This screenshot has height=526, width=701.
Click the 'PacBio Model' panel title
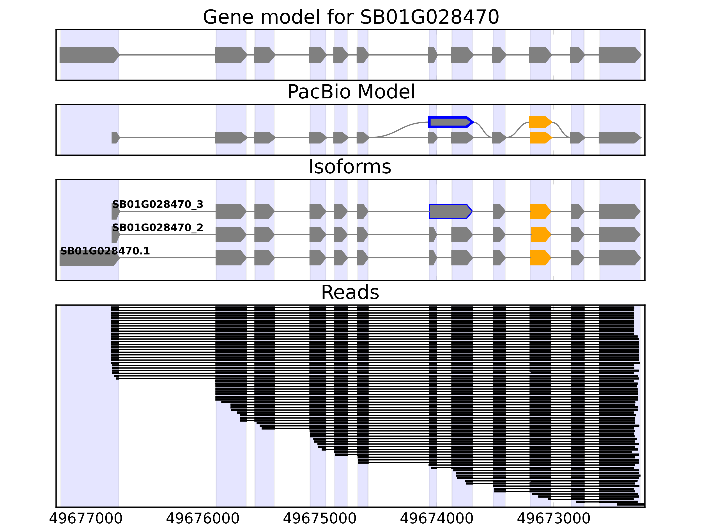(351, 92)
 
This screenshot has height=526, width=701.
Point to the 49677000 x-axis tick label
(86, 518)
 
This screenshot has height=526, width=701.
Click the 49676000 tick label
(203, 518)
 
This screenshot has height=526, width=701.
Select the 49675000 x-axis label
(320, 518)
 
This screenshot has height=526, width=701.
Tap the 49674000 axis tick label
(437, 518)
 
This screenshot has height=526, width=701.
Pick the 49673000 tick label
(554, 518)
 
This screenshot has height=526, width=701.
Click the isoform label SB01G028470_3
(158, 204)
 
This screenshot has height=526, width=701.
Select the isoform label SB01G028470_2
(158, 228)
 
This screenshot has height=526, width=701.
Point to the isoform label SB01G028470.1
(105, 251)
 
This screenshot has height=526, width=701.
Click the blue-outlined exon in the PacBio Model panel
(450, 122)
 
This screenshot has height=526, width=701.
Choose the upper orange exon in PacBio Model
(540, 122)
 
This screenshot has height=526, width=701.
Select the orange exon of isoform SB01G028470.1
(540, 258)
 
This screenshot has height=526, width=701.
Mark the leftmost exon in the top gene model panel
(89, 55)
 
